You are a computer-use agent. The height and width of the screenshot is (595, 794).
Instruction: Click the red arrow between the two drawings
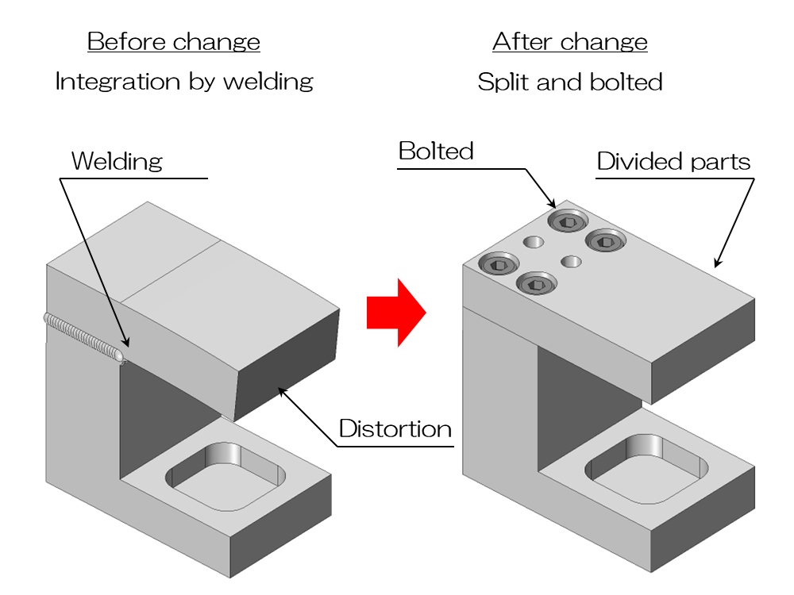[395, 312]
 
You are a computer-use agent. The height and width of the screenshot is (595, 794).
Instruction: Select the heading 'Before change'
[174, 41]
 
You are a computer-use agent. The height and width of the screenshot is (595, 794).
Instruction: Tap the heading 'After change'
[570, 41]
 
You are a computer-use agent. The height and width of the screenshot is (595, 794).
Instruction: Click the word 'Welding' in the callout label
[117, 161]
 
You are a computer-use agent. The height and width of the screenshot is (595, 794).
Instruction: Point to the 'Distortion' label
[395, 429]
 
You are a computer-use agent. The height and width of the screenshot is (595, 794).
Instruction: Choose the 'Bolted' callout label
[436, 151]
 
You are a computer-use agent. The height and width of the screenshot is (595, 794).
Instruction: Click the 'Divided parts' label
[673, 162]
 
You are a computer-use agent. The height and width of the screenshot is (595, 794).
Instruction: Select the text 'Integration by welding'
[184, 81]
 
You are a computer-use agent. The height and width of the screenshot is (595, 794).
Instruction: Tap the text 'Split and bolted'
[570, 82]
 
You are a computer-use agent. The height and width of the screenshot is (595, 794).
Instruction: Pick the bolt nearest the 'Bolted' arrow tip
[566, 220]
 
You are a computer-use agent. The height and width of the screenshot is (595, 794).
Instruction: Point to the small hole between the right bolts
[571, 260]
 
